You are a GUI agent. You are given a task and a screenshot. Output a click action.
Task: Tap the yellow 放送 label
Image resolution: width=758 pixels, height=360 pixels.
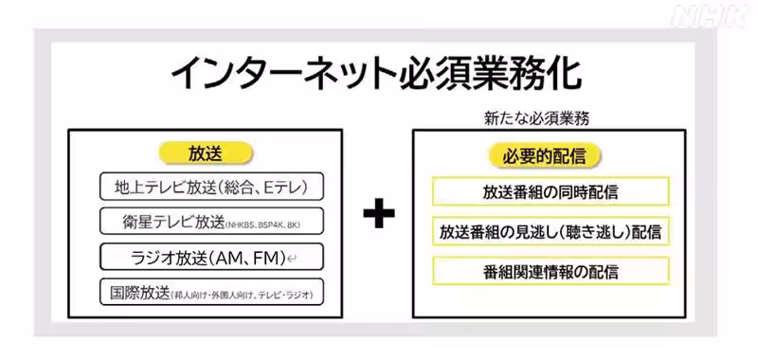coord(207,153)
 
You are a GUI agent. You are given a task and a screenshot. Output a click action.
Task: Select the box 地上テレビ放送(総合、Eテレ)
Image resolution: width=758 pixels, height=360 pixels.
coord(211,185)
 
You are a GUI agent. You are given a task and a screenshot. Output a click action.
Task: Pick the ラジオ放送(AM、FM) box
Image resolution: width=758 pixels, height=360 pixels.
coord(211,256)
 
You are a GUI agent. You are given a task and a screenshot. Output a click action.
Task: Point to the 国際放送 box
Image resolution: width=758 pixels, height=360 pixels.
coord(211,291)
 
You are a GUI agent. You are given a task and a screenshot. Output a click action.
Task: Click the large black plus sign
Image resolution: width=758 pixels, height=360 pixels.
coord(379,215)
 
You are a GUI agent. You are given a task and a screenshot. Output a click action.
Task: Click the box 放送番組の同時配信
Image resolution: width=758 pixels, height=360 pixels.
coord(550,192)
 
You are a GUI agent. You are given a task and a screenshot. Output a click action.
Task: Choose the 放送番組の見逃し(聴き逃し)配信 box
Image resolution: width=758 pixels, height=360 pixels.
coord(550,232)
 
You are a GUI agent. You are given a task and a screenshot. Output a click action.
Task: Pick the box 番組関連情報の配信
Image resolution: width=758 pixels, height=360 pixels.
coord(550,272)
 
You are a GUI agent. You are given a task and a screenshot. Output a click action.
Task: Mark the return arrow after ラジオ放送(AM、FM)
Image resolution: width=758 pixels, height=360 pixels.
coord(294,258)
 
